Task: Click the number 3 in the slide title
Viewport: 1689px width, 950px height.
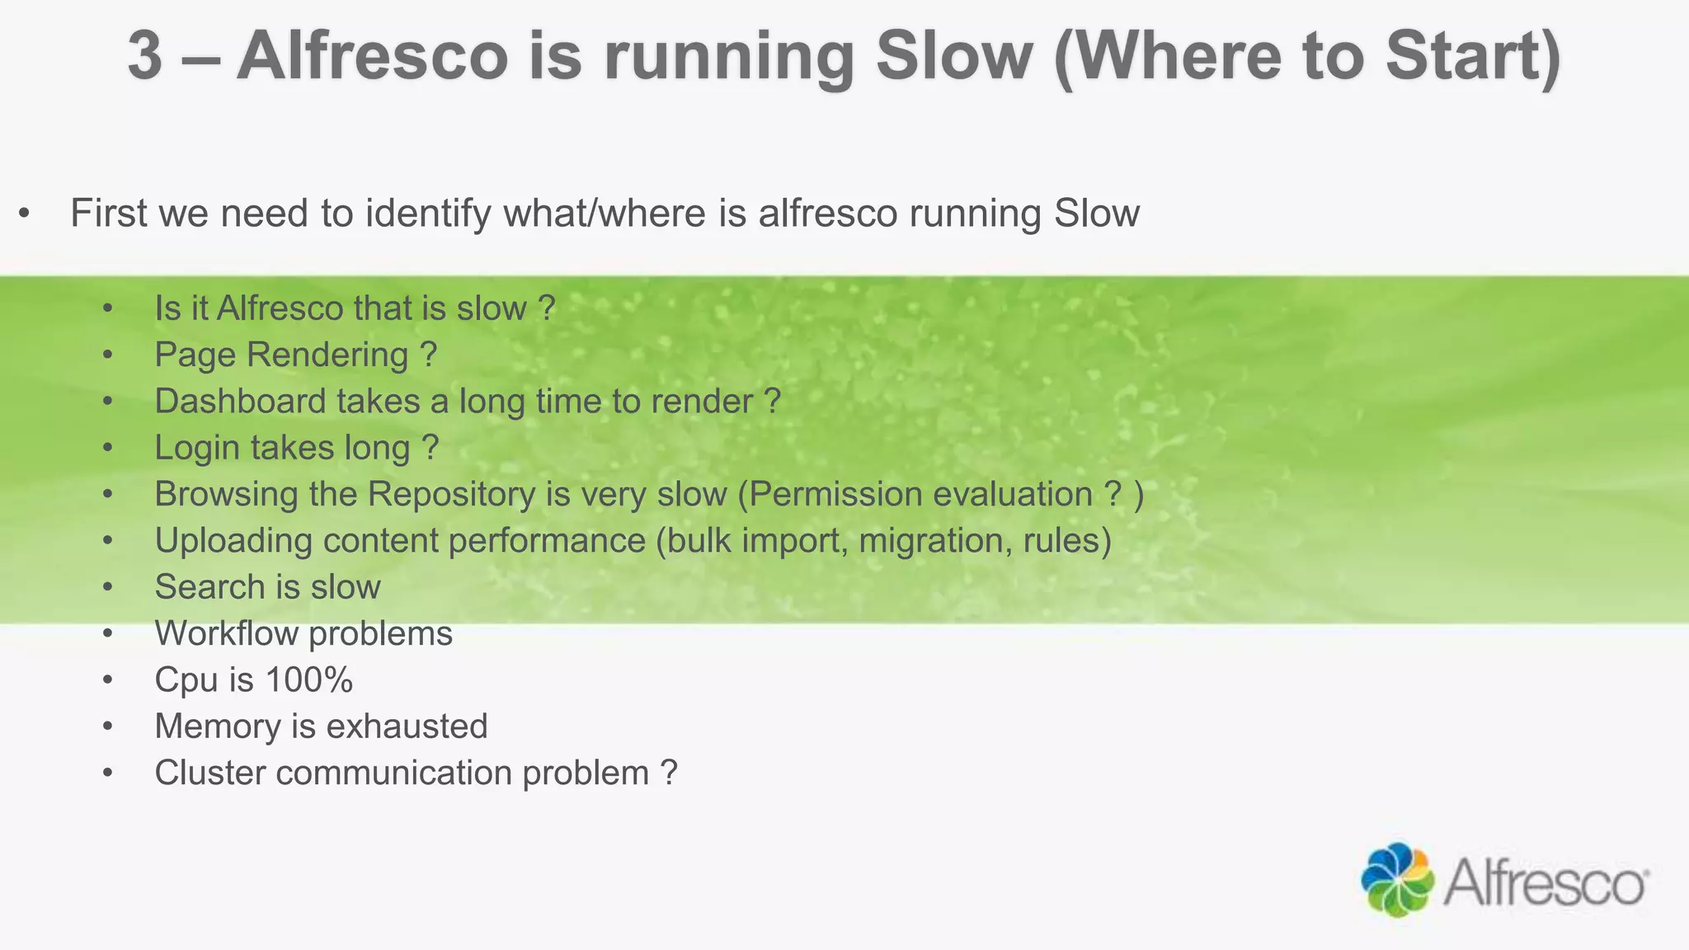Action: point(145,56)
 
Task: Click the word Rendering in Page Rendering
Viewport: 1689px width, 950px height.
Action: point(327,355)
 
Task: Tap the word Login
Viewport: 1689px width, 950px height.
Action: point(197,448)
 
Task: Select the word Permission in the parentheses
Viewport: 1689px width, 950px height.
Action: point(835,495)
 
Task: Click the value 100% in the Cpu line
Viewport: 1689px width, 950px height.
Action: point(309,680)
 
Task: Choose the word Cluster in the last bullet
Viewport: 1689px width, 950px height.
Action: point(209,774)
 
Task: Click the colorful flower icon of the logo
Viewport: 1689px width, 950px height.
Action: point(1397,879)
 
